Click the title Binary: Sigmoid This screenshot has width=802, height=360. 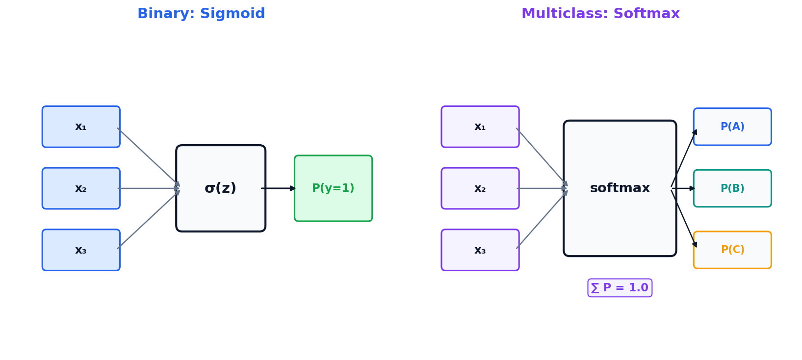201,14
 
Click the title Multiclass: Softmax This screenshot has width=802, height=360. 600,14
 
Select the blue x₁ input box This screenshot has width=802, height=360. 81,127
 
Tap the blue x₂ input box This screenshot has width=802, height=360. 81,188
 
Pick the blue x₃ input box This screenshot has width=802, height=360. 81,250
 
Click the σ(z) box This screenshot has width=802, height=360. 221,188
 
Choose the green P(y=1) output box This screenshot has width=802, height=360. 333,188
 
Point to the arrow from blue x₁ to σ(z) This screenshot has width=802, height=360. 148,156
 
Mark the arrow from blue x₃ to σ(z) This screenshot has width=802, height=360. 148,220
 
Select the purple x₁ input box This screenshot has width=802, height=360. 480,127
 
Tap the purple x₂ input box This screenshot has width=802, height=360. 480,188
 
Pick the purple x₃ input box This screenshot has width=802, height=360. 480,250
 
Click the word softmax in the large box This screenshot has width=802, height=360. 620,188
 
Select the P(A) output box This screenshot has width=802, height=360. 732,127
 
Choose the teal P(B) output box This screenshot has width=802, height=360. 732,188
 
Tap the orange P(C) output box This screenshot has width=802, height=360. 732,250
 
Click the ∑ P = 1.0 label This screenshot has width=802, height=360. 620,288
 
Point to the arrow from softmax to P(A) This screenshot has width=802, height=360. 684,158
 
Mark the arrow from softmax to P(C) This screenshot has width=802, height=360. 684,219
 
